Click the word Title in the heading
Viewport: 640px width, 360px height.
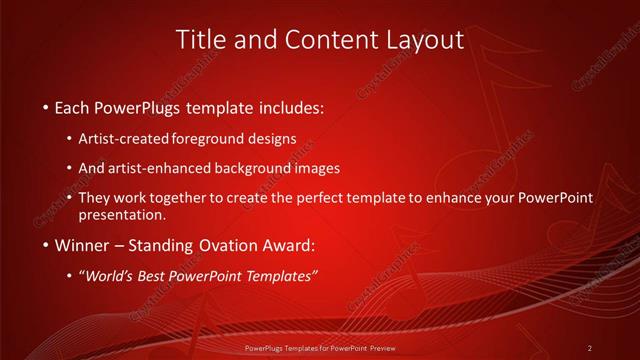pos(199,40)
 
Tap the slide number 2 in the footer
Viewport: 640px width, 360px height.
pos(590,348)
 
